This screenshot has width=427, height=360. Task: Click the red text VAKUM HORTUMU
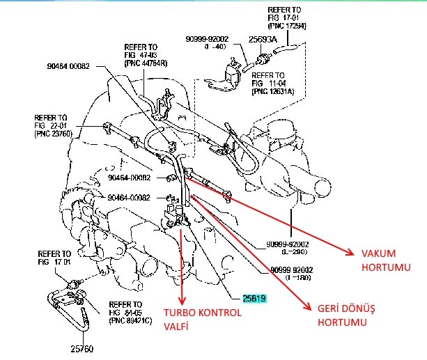tap(380, 260)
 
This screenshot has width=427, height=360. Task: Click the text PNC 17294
tap(287, 26)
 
